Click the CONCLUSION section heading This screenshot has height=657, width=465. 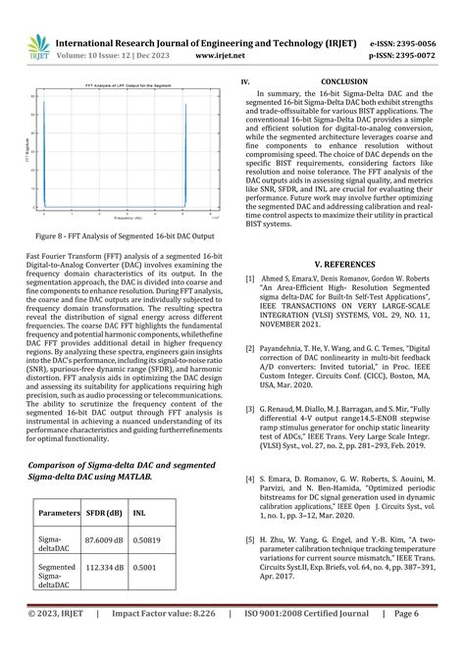(x=346, y=84)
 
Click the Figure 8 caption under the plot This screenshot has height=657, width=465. (x=125, y=237)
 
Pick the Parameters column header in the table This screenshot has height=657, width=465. (x=58, y=512)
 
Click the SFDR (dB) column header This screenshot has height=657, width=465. (x=103, y=512)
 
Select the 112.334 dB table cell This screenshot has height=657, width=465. (x=104, y=574)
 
